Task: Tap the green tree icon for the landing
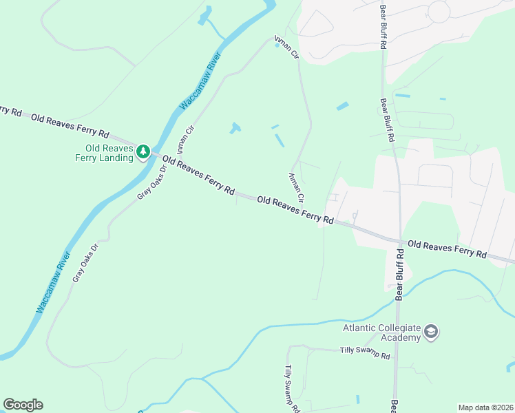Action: (143, 151)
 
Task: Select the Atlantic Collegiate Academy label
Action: (381, 332)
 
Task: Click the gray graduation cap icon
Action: (432, 332)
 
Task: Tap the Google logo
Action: (23, 405)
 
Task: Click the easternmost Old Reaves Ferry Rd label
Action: (447, 249)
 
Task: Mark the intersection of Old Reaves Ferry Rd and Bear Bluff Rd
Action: (399, 241)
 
